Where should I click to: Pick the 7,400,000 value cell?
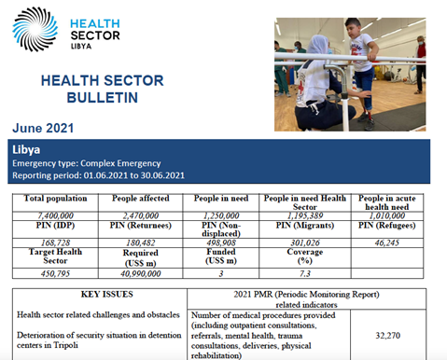52,214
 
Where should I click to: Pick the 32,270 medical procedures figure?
394,331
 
